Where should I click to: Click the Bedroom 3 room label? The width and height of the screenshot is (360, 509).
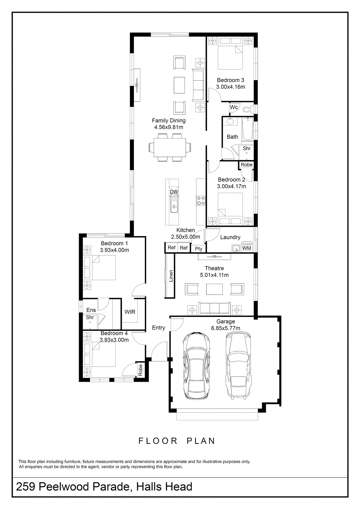coord(230,80)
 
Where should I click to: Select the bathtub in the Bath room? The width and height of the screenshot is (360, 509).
coord(247,129)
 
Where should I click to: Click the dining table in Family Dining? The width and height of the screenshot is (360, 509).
coord(170,148)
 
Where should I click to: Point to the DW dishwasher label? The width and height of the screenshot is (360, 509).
coord(174,192)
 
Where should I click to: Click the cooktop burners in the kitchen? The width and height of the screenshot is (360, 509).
coord(201,201)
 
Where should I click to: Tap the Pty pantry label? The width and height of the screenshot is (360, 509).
coord(198,249)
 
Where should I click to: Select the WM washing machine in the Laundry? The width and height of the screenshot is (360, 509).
coord(247,247)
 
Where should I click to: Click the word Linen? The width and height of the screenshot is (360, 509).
coord(171,276)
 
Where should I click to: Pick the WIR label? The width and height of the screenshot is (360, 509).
coord(130,312)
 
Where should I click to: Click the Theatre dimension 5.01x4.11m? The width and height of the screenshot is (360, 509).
coord(214,275)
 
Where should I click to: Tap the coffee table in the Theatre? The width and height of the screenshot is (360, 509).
coord(214,289)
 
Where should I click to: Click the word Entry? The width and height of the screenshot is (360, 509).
coord(158,328)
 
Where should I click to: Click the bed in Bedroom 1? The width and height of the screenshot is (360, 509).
coord(100,268)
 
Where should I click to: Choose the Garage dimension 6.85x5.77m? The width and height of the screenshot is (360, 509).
coord(225,328)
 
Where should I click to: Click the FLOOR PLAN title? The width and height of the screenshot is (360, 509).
coord(177,441)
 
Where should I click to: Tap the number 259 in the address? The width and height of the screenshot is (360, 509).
coord(25,487)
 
